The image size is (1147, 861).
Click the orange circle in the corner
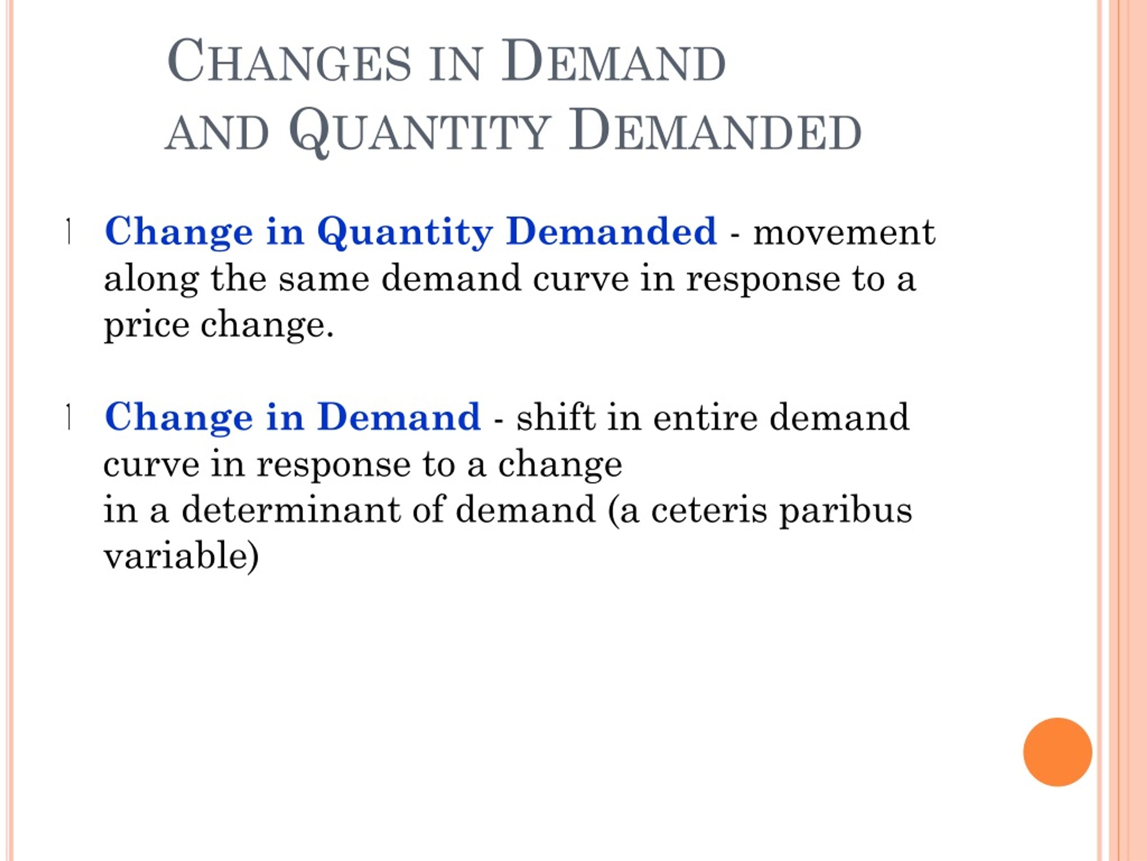click(1057, 752)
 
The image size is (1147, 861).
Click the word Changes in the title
click(289, 61)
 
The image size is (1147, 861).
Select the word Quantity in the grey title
click(419, 131)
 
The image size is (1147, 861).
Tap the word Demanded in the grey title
click(715, 129)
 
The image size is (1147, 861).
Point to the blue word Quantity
click(405, 232)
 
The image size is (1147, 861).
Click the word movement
click(844, 232)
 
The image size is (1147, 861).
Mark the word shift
click(556, 416)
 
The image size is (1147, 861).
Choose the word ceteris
click(709, 511)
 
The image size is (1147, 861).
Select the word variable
click(176, 555)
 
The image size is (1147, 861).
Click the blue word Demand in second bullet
click(399, 417)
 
